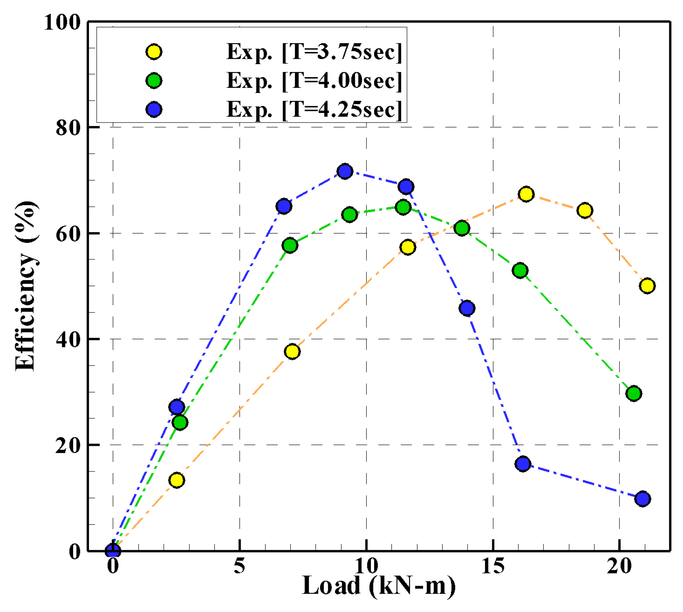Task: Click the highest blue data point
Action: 345,171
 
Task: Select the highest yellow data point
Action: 526,194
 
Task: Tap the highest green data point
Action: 403,207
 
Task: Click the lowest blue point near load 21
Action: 642,499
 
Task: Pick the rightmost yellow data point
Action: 647,286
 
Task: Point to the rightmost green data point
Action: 633,394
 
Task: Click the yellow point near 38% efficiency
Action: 292,351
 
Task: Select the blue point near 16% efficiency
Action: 523,464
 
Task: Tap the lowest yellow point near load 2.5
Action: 176,480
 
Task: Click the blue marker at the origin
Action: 113,550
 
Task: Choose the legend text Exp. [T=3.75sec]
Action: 314,52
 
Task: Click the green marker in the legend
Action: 154,81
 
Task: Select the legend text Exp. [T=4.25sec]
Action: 314,109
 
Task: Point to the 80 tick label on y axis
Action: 68,128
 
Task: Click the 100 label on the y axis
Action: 62,22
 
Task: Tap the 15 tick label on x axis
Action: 493,566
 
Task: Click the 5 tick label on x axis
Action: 239,566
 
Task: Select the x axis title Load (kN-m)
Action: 379,586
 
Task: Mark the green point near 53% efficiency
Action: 520,270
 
